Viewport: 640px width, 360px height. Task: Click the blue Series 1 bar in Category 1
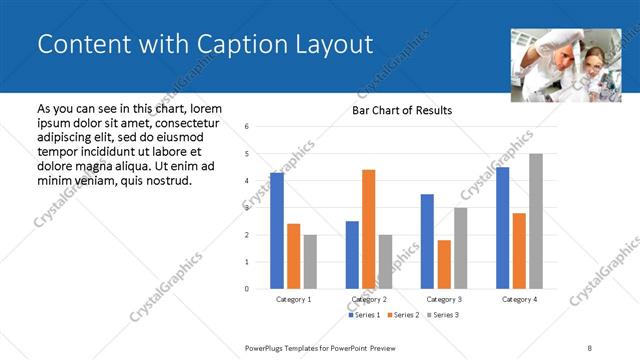(277, 231)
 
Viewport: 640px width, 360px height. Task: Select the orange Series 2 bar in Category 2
(369, 229)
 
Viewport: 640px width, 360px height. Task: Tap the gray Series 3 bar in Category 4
(536, 221)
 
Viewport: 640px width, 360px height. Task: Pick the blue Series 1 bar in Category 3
(427, 241)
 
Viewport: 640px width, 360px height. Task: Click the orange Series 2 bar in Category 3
(444, 264)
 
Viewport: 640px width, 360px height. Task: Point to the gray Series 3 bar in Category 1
(310, 262)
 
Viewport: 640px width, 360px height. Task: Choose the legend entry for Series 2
(402, 315)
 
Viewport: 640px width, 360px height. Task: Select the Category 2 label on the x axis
(369, 299)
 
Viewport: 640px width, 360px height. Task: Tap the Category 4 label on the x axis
(519, 299)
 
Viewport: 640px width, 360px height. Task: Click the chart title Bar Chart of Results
(401, 110)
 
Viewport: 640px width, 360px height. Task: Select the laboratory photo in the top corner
(559, 65)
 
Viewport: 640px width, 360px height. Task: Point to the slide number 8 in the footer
(589, 347)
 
